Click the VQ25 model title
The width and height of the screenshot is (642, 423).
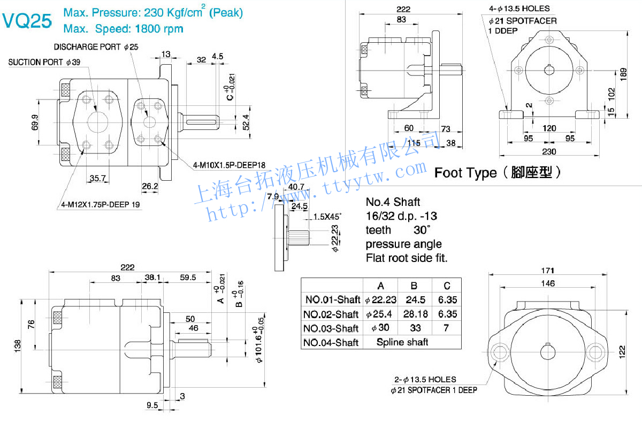point(27,21)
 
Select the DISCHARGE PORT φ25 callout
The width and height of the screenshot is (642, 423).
point(96,47)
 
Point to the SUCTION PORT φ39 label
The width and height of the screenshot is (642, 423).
point(44,63)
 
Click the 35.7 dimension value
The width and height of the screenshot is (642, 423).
point(97,178)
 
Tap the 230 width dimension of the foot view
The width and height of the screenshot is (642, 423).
point(549,151)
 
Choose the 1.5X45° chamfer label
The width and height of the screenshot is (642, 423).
point(327,217)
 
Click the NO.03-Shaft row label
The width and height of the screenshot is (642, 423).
point(331,328)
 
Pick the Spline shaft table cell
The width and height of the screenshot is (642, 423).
point(402,342)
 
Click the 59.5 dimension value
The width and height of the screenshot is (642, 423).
point(188,278)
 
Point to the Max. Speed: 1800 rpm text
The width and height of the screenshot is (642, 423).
point(123,28)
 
